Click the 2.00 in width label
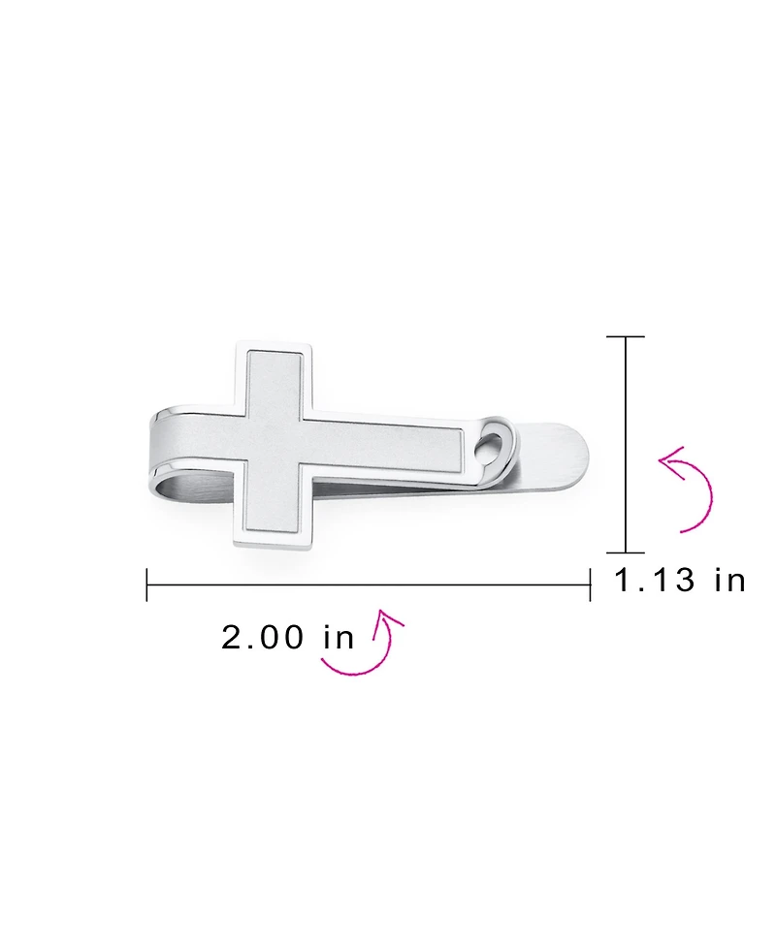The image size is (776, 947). point(288,637)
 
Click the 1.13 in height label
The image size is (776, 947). point(680,581)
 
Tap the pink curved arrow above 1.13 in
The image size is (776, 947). point(689,489)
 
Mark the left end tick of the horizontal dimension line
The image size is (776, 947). point(147,584)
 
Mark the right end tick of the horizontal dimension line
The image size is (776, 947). point(590,584)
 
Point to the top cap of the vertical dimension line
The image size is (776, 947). point(626,336)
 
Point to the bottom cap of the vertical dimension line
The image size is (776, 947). point(626,552)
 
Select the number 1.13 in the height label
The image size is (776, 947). point(656,581)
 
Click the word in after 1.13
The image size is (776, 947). point(729,581)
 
